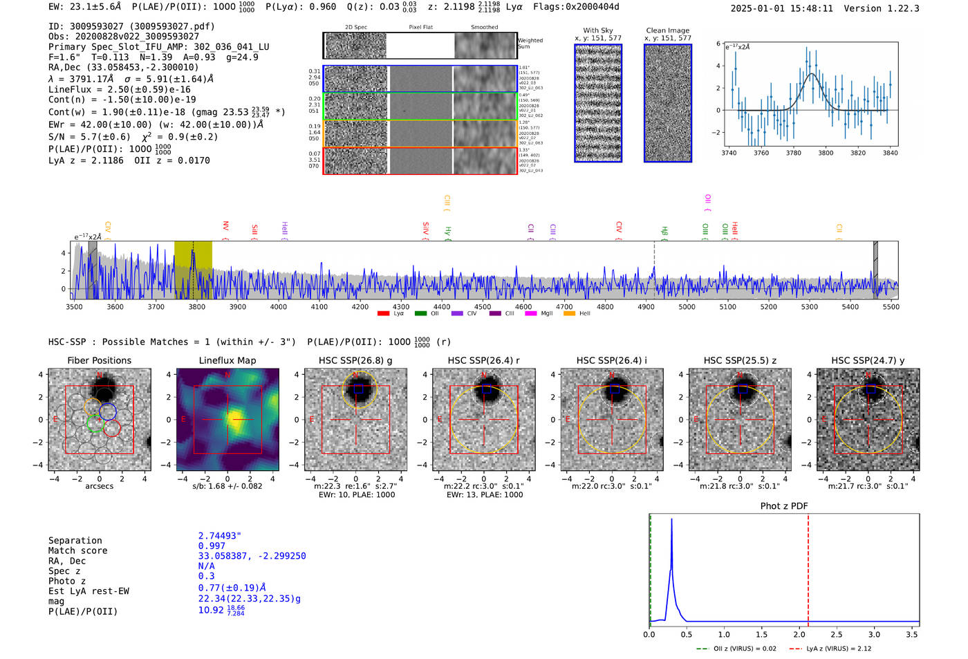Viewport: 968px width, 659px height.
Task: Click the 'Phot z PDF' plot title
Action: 784,505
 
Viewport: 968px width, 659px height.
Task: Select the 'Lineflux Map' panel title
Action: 227,360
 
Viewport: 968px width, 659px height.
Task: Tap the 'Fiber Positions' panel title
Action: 99,360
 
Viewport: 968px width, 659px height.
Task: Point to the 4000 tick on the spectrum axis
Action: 279,306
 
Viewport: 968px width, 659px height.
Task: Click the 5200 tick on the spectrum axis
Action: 769,306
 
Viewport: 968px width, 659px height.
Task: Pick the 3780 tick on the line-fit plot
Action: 793,153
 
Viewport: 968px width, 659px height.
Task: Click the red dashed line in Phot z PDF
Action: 808,567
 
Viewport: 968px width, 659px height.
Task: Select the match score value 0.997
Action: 212,546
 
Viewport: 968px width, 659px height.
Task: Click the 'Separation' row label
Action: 75,540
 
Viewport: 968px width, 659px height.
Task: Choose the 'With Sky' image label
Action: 598,30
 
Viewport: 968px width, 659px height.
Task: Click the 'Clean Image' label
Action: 668,30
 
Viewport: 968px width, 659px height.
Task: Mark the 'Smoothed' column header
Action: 484,27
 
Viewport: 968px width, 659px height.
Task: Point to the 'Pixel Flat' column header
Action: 420,27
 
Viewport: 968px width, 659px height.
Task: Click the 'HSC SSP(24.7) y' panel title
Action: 868,360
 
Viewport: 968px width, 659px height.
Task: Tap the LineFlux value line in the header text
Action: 120,89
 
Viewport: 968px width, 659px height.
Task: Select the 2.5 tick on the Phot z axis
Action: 837,634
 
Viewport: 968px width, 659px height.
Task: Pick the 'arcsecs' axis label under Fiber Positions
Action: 99,486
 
